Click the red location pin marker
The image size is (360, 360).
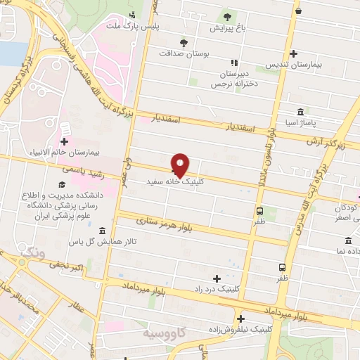pos(181,165)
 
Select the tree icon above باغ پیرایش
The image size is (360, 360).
pos(226,18)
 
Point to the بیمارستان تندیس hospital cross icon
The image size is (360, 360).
pos(293,53)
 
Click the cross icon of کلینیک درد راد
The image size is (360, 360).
pos(217,278)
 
